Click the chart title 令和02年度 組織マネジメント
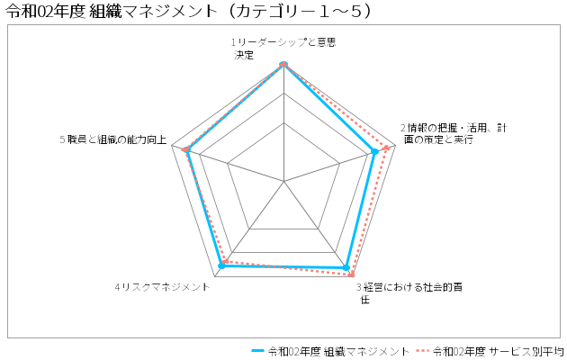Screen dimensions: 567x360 [x=112, y=12]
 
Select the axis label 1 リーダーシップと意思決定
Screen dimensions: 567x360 [x=283, y=49]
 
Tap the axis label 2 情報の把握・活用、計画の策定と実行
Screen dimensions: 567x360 [x=454, y=134]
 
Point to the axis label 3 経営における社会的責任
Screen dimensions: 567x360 [x=409, y=293]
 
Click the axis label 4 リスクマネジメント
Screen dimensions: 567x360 [x=162, y=287]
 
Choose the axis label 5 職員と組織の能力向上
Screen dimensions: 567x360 [x=113, y=139]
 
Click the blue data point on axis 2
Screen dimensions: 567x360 [x=375, y=152]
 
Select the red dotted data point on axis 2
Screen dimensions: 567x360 [x=386, y=148]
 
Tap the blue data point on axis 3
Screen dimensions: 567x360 [x=346, y=268]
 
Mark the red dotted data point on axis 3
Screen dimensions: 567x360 [x=351, y=274]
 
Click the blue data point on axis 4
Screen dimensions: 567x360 [x=222, y=266]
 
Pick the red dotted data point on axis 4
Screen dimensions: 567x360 [x=225, y=261]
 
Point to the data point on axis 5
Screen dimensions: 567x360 [x=186, y=150]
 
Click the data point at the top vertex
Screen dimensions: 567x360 [x=283, y=64]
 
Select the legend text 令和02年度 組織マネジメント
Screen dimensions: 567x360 [x=338, y=351]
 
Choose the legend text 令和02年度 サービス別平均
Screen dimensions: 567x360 [x=499, y=351]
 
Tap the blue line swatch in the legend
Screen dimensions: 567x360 [x=258, y=351]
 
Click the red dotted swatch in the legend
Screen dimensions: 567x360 [x=422, y=351]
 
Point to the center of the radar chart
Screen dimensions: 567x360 [x=283, y=181]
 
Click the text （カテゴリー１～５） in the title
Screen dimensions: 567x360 [x=299, y=12]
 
